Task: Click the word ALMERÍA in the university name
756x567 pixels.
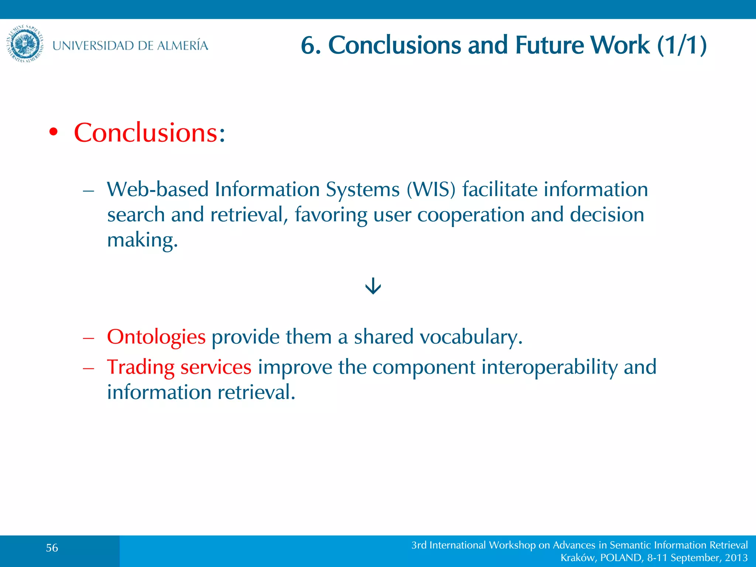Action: point(182,46)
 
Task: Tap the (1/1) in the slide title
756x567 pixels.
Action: point(682,45)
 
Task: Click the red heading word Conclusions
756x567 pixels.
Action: point(146,133)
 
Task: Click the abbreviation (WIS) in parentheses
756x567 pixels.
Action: point(431,189)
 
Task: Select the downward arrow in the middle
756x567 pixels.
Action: point(373,286)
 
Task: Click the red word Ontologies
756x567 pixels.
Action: point(156,337)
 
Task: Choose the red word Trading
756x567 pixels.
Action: point(141,367)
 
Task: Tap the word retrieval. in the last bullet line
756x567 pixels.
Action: point(256,392)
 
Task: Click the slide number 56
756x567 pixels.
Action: point(52,548)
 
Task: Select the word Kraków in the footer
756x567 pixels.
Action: point(577,557)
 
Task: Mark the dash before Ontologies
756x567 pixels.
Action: point(89,338)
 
